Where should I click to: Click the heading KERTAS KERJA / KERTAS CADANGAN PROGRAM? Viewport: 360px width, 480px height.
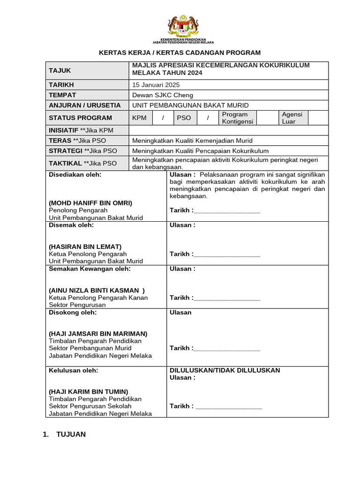coord(180,52)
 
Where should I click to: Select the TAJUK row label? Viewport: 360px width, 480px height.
coord(60,71)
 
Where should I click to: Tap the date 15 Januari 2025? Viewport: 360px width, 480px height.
coord(156,85)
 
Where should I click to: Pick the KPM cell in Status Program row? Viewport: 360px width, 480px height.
coord(139,118)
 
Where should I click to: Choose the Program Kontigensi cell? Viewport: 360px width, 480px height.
coord(238,118)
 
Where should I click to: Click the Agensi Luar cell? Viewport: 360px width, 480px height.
coord(292,118)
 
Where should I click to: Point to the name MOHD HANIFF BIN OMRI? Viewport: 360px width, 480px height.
coord(90,203)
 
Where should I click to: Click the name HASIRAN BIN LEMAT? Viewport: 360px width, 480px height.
coord(85,247)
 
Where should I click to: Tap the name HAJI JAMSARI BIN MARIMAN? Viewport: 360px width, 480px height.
coord(98,334)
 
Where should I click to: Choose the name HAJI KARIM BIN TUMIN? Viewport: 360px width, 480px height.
coord(89,392)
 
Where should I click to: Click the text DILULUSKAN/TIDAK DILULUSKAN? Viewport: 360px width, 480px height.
coord(225,370)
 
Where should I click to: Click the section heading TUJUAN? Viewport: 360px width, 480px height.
coord(71,435)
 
